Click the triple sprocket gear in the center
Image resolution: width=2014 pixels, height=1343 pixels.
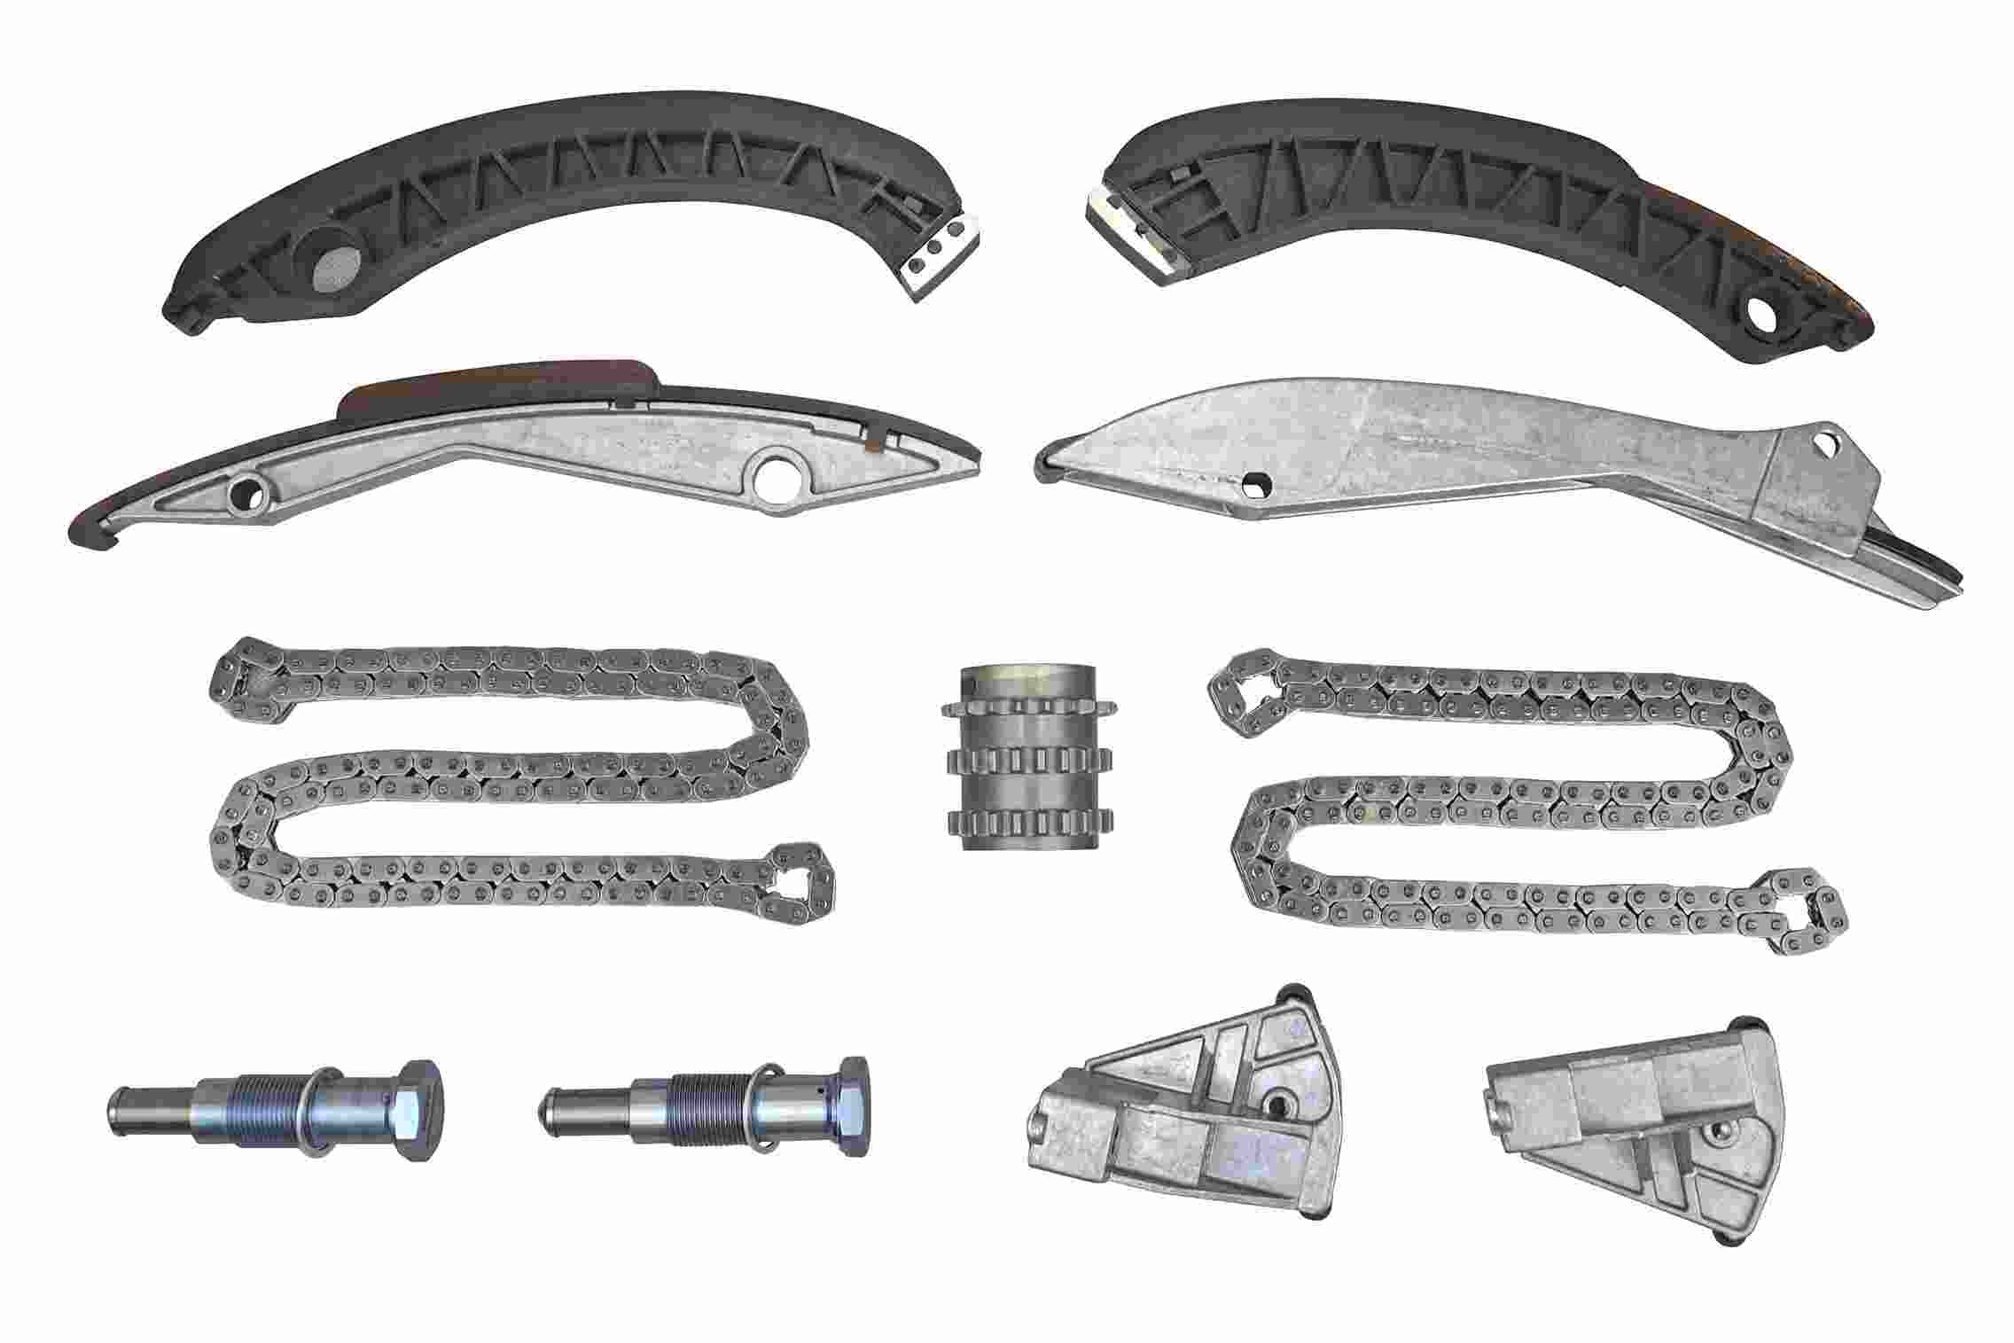click(1027, 762)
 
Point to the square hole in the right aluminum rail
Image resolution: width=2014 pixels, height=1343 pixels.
click(1254, 484)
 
